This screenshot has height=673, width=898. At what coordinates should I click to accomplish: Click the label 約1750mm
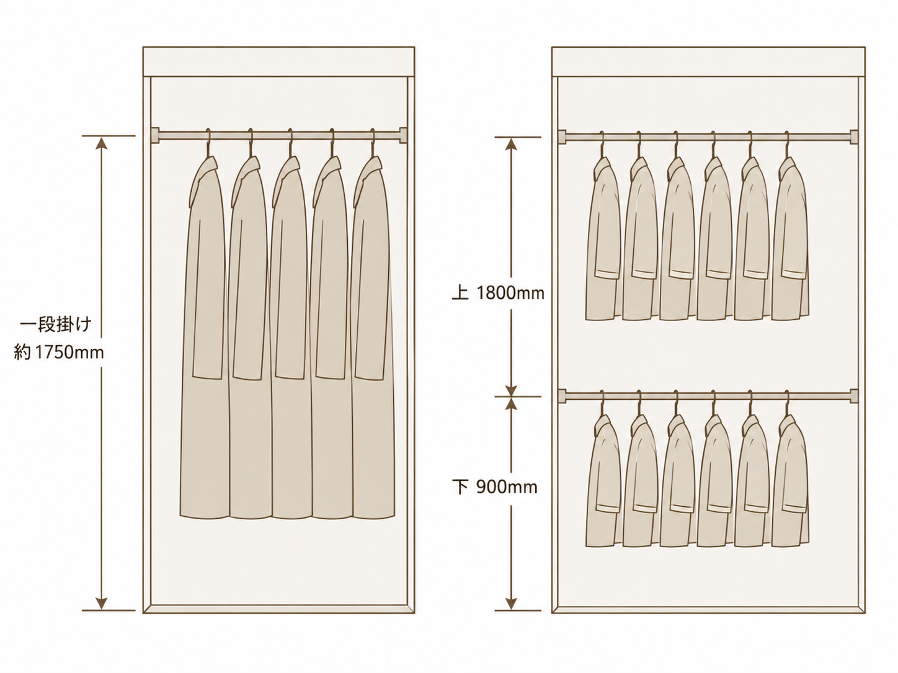(59, 352)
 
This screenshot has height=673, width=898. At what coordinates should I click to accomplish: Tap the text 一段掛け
(56, 326)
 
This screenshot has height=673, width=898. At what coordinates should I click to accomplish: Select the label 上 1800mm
(498, 293)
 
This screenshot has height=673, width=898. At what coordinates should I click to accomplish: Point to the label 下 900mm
(495, 487)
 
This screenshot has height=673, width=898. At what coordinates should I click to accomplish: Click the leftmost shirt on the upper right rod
(603, 241)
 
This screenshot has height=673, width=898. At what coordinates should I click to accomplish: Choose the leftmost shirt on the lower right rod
(603, 482)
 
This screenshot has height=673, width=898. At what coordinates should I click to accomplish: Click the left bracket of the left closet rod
(154, 135)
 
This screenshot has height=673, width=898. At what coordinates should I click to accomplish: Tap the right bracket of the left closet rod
(403, 135)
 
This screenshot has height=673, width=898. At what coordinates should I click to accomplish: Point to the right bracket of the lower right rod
(853, 395)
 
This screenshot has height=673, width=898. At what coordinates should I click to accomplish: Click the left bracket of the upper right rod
(562, 137)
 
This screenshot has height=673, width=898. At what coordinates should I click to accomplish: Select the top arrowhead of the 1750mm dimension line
(101, 143)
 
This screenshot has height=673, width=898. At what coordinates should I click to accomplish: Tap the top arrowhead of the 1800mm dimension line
(511, 144)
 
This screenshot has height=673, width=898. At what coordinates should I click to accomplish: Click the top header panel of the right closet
(708, 62)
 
